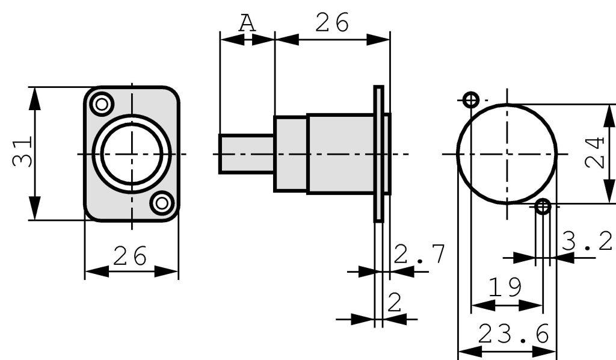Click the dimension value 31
click(x=22, y=153)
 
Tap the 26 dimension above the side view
click(x=332, y=23)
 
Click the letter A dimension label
click(x=247, y=23)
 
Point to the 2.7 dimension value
click(x=420, y=255)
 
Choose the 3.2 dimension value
click(x=588, y=241)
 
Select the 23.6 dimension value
click(x=514, y=334)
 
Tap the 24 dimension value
click(x=596, y=153)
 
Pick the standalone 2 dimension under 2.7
click(x=394, y=302)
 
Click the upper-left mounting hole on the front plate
click(x=102, y=104)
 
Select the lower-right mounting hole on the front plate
click(x=161, y=203)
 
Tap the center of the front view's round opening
click(x=132, y=154)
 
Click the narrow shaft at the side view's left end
click(x=247, y=154)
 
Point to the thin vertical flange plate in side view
click(x=378, y=154)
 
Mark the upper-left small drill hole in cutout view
click(x=471, y=100)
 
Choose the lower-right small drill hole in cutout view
click(x=543, y=206)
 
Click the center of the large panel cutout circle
click(x=507, y=154)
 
